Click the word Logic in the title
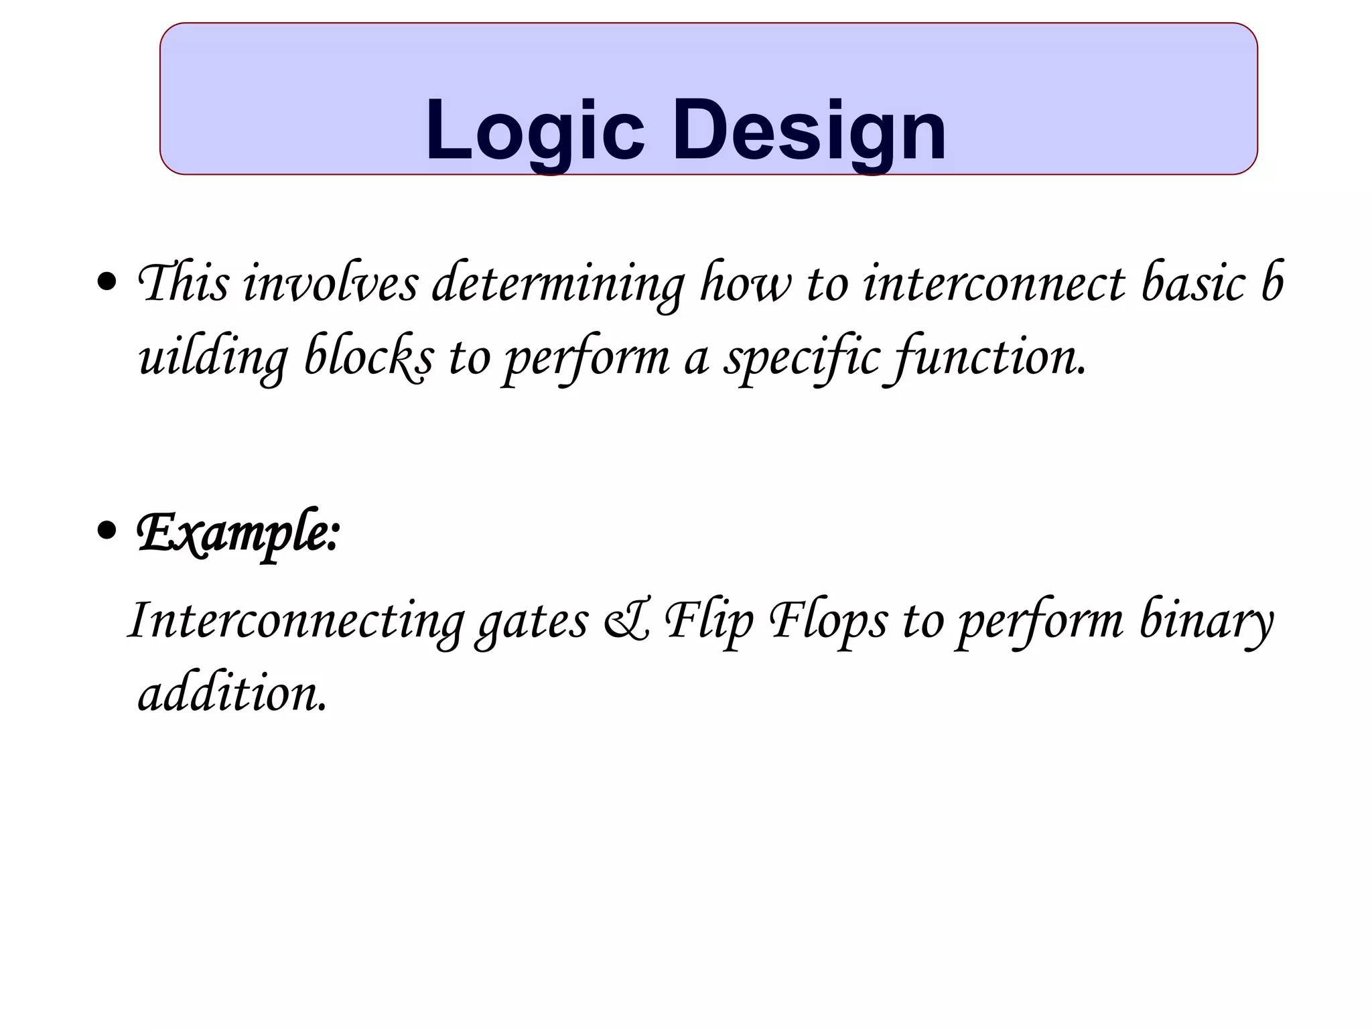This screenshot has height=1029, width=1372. [535, 131]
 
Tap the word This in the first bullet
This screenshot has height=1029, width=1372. [182, 283]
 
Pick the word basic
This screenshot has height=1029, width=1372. [1192, 283]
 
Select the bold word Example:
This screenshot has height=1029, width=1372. [238, 533]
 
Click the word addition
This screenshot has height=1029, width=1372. [232, 693]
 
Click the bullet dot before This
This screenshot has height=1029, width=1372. [107, 283]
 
